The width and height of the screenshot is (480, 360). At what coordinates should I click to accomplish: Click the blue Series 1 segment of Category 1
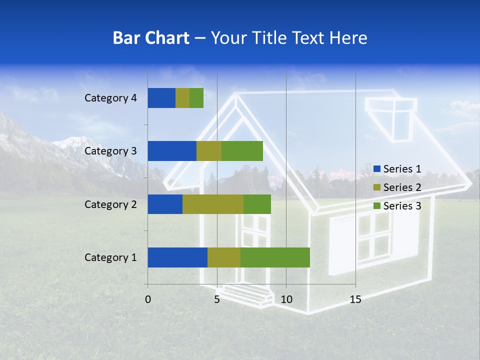tap(177, 257)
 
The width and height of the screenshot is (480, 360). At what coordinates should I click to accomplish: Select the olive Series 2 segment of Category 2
tap(213, 204)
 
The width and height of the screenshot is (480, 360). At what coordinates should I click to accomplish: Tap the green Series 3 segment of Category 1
tap(275, 257)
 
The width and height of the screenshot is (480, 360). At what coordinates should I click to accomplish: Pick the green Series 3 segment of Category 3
tap(242, 151)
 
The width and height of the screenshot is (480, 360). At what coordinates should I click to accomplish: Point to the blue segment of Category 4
tap(161, 98)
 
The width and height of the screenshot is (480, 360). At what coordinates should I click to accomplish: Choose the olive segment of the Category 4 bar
tap(182, 98)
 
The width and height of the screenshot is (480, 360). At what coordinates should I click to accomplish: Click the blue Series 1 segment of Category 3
tap(172, 151)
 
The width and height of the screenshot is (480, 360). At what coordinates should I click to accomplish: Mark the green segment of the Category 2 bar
tap(257, 204)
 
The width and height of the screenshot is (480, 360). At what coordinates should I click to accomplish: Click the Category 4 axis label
tap(110, 98)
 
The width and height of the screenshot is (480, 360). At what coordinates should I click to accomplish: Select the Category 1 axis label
tap(110, 257)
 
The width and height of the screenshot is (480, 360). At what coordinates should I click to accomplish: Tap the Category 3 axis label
tap(110, 151)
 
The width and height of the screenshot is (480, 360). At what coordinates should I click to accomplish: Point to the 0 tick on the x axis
tap(148, 299)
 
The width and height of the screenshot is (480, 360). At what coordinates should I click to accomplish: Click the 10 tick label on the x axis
tap(286, 299)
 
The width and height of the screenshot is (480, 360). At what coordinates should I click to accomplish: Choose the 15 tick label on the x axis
tap(355, 299)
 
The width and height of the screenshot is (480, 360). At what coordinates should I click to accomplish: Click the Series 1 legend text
tap(402, 169)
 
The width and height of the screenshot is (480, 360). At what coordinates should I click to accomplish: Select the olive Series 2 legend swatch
tap(377, 187)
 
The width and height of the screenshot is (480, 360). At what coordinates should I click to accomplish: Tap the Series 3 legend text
tap(402, 206)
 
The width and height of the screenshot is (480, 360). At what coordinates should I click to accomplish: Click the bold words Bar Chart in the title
tap(151, 38)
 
